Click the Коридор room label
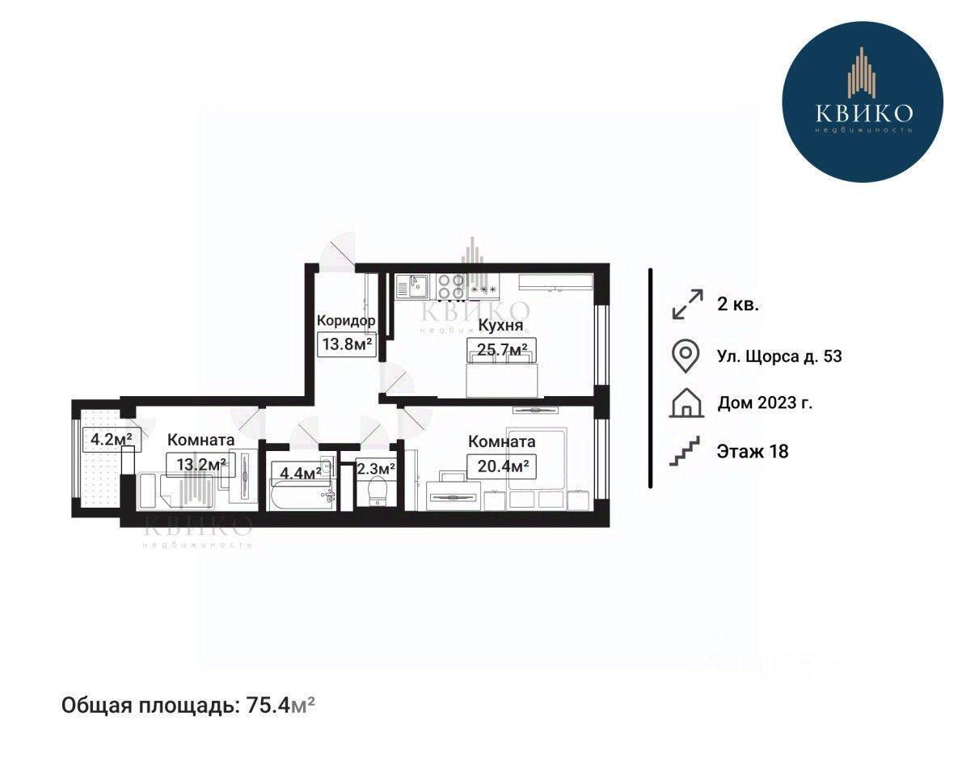[346, 320]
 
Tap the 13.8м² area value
[348, 344]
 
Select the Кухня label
[500, 326]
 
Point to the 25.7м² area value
[502, 350]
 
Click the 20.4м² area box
[503, 466]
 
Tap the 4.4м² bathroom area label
[301, 473]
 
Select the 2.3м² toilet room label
[375, 470]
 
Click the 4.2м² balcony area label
[111, 439]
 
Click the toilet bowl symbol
[375, 491]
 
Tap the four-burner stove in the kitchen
[451, 286]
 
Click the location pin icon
[686, 356]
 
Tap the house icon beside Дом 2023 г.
[686, 403]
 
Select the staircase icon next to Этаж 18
[686, 452]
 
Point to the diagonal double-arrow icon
[688, 304]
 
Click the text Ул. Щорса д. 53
[779, 356]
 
